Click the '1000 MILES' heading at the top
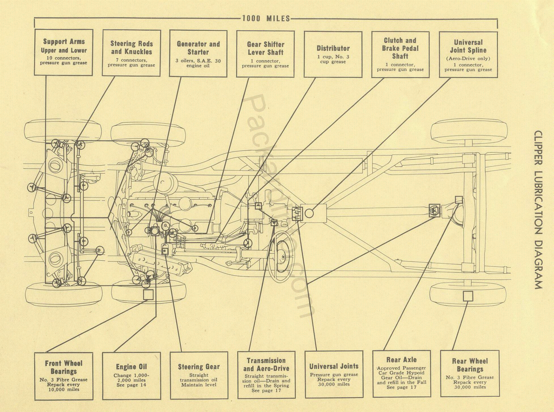[266, 19]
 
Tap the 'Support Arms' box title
[64, 42]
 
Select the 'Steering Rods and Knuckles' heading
[131, 48]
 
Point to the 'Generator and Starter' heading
[198, 48]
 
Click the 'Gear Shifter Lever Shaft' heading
[266, 48]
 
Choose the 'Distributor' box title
[333, 48]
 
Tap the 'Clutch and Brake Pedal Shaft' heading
[400, 48]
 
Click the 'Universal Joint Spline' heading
[468, 46]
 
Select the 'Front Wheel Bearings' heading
[64, 367]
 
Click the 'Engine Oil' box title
[131, 367]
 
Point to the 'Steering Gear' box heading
[199, 367]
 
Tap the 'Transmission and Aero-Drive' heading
[266, 364]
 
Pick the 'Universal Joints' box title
[334, 366]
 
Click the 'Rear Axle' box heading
[401, 360]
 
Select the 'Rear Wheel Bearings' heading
[470, 365]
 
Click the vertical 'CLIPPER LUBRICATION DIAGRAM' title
[538, 210]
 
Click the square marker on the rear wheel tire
[468, 296]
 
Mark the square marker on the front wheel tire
[148, 294]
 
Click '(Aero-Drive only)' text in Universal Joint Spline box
[468, 59]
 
